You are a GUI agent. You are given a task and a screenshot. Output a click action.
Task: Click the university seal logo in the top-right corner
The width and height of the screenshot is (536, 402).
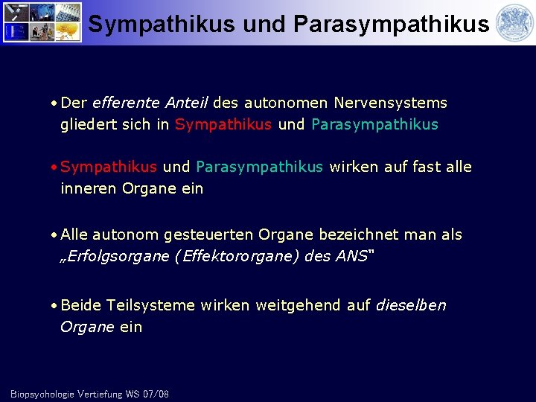(x=513, y=22)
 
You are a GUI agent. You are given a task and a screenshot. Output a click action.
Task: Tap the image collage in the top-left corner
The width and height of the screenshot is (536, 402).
(x=42, y=22)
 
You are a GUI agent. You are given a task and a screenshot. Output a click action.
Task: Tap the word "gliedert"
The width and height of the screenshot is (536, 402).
(x=88, y=124)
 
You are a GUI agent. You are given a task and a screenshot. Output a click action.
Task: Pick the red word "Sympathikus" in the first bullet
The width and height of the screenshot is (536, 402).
(x=223, y=124)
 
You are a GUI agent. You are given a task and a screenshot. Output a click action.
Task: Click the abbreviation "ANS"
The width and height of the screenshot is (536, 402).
(x=351, y=257)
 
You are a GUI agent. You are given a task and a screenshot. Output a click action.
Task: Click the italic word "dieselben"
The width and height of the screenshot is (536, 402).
(x=412, y=305)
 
